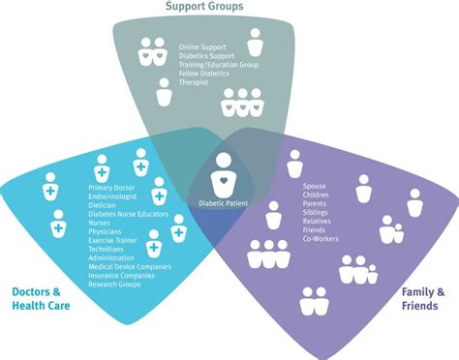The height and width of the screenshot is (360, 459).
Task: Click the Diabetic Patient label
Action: click(x=224, y=203)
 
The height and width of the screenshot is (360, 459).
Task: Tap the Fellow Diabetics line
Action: click(x=206, y=74)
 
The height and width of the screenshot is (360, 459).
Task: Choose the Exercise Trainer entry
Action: click(x=114, y=240)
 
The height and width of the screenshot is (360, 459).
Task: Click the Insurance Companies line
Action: click(x=121, y=276)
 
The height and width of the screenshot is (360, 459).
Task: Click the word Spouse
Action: click(x=315, y=185)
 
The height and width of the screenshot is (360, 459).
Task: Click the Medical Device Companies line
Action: click(x=129, y=266)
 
